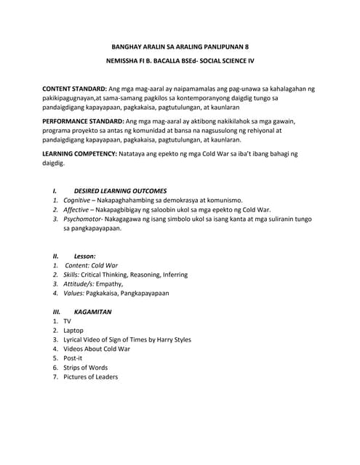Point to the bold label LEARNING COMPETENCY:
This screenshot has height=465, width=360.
[x=79, y=154]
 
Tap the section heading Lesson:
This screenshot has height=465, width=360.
[x=84, y=256]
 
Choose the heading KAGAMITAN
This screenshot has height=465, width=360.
[x=93, y=312]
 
